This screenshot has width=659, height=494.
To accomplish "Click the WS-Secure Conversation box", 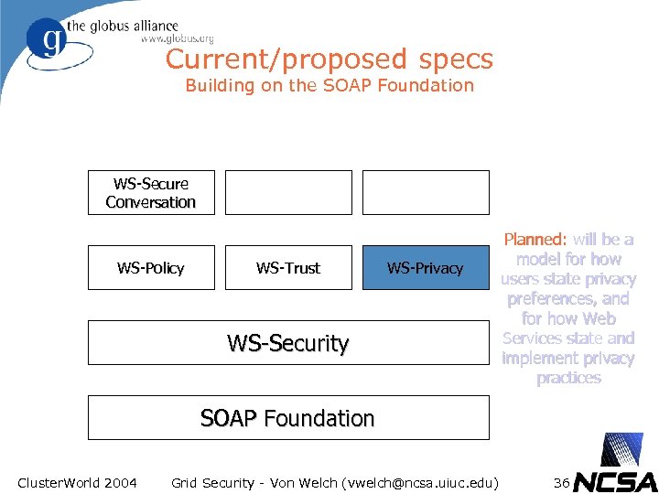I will pos(151,193).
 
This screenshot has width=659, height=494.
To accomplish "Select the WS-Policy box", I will pos(151,268).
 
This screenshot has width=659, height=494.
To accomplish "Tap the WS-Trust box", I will pos(288,268).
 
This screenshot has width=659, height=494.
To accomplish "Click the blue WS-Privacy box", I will pos(426,268).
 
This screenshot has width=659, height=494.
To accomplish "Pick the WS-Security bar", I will pos(288,343).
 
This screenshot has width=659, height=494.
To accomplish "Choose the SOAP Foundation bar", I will pos(288,418).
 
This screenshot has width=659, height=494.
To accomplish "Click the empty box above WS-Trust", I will pos(288,193).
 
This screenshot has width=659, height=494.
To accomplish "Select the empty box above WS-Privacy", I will pos(426,193).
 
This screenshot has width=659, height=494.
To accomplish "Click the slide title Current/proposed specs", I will pos(329,59).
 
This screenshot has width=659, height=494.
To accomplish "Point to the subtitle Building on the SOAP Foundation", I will pos(329,86).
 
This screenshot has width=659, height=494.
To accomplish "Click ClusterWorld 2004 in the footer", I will pos(78,482).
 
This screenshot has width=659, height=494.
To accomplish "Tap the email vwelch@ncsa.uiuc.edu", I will pos(422,482).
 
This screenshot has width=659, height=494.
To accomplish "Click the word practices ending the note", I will pos(568,378).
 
